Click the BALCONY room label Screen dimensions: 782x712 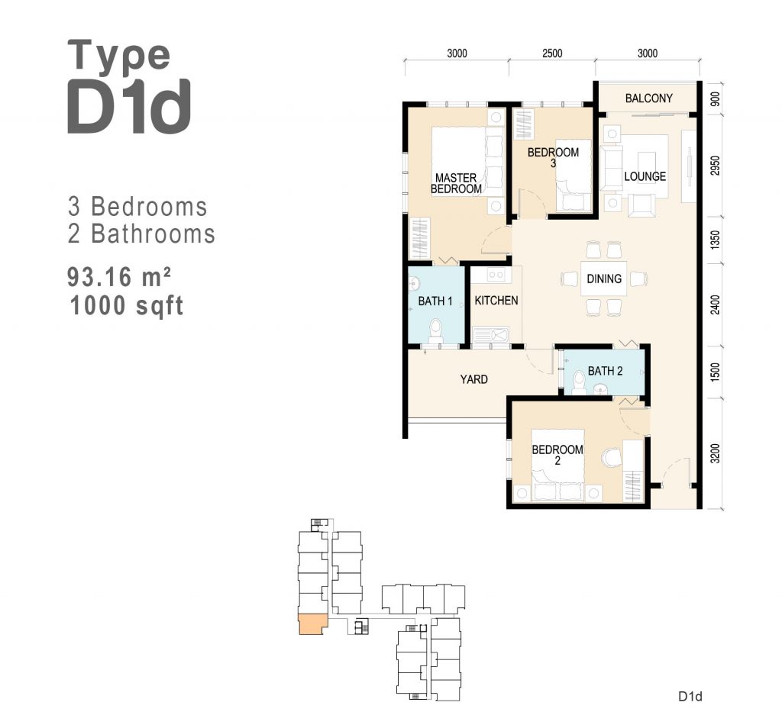[x=648, y=98]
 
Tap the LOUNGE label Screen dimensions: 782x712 [x=645, y=176]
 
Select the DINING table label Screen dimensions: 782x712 [x=604, y=279]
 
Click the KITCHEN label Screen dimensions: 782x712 [x=496, y=301]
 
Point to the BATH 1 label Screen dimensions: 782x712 [x=435, y=301]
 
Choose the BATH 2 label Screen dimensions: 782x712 [x=605, y=371]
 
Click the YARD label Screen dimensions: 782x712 [x=473, y=379]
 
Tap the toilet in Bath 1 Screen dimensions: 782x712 [x=435, y=332]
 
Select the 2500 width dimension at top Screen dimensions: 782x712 [x=552, y=53]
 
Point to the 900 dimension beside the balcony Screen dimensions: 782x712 [x=715, y=100]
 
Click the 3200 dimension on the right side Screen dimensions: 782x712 [x=715, y=453]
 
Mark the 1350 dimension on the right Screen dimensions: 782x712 [x=715, y=240]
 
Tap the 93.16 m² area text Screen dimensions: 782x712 [x=118, y=277]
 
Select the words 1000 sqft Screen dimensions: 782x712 [x=127, y=305]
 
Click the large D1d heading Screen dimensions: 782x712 [x=128, y=106]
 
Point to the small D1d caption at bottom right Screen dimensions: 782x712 [x=690, y=696]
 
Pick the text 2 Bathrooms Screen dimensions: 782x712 [x=141, y=234]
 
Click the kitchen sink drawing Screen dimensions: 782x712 [x=491, y=335]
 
